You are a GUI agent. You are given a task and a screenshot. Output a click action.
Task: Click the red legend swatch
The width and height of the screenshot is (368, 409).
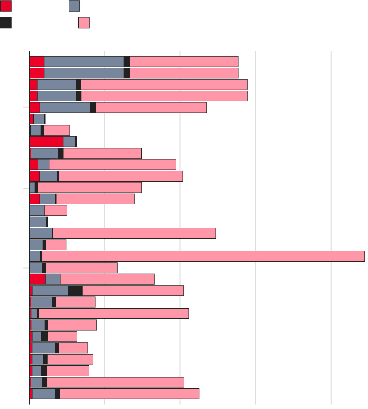coord(6,6)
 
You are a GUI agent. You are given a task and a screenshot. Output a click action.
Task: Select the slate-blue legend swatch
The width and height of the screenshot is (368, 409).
coord(74,6)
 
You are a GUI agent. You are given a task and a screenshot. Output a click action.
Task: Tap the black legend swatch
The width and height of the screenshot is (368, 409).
coord(6,23)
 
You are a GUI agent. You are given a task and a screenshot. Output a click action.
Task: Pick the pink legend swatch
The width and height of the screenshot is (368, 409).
coord(84,23)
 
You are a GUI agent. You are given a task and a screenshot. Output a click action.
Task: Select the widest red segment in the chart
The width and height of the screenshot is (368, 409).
coord(46,142)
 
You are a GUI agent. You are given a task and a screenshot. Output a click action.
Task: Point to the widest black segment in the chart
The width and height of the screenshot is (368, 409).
coord(75,290)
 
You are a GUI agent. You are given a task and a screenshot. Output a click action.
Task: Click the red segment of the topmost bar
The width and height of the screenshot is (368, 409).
coord(37,61)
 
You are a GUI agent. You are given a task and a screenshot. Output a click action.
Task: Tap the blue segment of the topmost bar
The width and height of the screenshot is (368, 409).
coord(84,61)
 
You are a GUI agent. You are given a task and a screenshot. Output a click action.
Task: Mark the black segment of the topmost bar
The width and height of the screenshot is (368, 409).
coord(127,61)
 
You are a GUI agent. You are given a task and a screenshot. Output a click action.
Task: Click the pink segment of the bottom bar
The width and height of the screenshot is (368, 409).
coord(130,394)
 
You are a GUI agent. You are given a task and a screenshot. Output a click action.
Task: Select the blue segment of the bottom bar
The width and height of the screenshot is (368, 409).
coord(44,394)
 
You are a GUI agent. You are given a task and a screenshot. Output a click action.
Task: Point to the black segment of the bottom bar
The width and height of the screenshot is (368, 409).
coord(57,394)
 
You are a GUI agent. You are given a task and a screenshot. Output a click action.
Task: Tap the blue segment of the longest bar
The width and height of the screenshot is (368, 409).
coord(35,256)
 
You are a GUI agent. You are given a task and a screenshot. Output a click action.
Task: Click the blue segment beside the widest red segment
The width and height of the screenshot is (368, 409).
coord(69,142)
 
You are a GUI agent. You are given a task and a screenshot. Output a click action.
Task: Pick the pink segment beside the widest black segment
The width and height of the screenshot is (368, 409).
coord(133,290)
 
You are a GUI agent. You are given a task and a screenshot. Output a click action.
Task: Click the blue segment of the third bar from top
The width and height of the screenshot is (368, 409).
coord(56,84)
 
